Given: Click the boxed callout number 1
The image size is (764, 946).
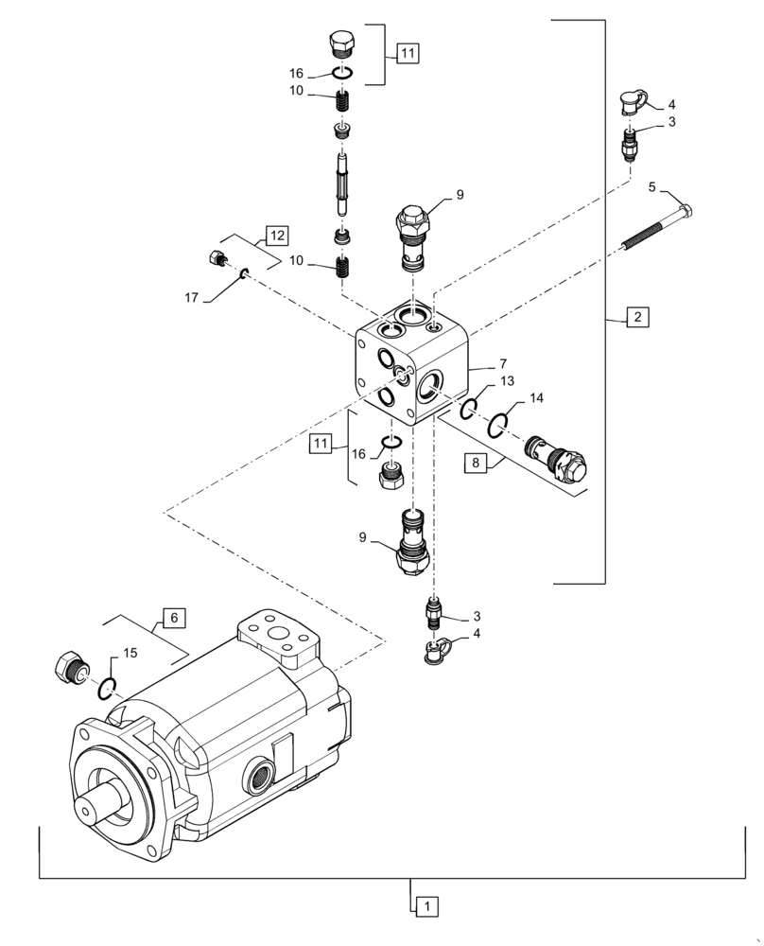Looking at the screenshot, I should tap(425, 906).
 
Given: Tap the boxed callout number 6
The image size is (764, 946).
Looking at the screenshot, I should tap(173, 617).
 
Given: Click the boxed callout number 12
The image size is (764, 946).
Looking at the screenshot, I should tap(274, 235).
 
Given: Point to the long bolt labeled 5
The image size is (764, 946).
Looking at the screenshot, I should tap(657, 228).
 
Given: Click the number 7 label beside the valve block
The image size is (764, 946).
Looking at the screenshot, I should tap(504, 363).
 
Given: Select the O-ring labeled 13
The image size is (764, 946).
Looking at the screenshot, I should tap(468, 409).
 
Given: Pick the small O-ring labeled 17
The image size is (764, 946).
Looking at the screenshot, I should tap(243, 274).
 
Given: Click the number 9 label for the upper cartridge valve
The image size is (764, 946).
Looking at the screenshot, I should tap(460, 195).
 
